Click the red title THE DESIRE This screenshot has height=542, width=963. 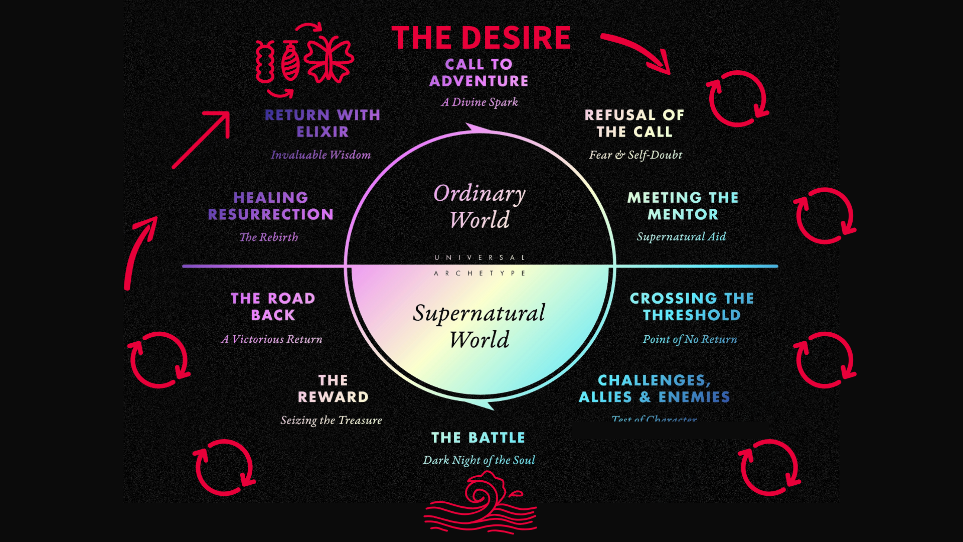481,38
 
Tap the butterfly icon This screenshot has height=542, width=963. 329,59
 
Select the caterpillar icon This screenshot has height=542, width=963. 265,62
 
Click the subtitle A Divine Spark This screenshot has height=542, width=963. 479,102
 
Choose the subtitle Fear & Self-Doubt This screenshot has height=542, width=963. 635,155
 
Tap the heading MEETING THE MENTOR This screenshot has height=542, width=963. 683,206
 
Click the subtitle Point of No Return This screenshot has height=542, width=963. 690,340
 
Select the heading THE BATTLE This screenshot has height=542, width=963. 478,438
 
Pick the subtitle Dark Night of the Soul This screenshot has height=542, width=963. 479,460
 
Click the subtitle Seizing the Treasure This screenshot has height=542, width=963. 331,421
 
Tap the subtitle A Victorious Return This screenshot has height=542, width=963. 271,340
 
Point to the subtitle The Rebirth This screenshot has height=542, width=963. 269,237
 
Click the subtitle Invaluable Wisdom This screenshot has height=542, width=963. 321,155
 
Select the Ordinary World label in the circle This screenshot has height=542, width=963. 479,206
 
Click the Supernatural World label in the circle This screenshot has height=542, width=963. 479,326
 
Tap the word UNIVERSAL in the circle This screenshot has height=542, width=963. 479,257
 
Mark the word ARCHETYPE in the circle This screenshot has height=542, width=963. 479,274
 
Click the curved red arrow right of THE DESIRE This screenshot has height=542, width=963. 637,52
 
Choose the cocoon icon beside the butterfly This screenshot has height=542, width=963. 290,62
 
